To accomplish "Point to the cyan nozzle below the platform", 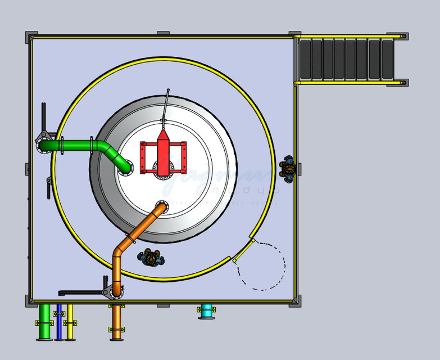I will tap(206, 311).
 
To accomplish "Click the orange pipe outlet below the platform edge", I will tap(116, 323).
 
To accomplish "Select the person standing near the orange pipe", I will tap(151, 258).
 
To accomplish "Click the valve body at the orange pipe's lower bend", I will tap(116, 290).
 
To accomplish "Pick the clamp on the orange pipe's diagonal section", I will tap(133, 239).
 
